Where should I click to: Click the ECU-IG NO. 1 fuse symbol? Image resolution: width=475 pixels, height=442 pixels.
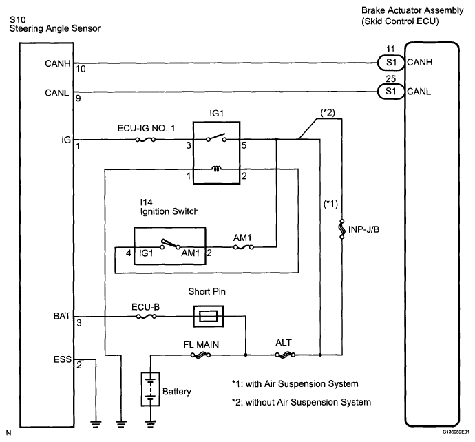coord(145,139)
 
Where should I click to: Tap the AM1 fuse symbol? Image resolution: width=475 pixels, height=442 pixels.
coord(243,247)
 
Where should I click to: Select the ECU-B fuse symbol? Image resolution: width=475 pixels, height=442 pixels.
coord(147,317)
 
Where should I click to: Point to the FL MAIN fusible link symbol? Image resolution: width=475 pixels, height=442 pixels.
coord(200,355)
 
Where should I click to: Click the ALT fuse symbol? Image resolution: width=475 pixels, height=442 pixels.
coord(286,355)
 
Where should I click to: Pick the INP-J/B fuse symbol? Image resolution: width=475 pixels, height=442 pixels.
coord(342,229)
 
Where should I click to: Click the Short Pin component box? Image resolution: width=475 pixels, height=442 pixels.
coord(209,317)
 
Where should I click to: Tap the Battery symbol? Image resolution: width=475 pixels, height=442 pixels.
coord(151,389)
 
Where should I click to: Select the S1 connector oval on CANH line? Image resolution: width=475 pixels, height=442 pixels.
coord(391,63)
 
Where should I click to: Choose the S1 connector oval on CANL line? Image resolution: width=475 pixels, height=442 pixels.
coord(391,91)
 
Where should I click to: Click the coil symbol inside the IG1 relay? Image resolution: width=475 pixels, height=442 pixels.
coord(217,169)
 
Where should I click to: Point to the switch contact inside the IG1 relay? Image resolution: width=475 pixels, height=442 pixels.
coord(216,138)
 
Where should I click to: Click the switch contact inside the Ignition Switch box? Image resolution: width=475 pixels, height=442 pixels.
coord(170,244)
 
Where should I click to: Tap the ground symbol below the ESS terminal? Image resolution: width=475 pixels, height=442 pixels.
coord(96,424)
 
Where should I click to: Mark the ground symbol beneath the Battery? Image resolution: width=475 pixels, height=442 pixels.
coord(151,424)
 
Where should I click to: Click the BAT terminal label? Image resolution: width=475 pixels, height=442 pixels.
coord(61,316)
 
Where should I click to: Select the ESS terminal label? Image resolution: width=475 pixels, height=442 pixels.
coord(63,359)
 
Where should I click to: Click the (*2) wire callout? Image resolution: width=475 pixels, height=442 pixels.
coord(328,113)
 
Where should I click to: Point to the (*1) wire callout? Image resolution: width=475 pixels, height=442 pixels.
coord(330,204)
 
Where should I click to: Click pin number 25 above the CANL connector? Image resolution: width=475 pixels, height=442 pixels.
coord(391,78)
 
